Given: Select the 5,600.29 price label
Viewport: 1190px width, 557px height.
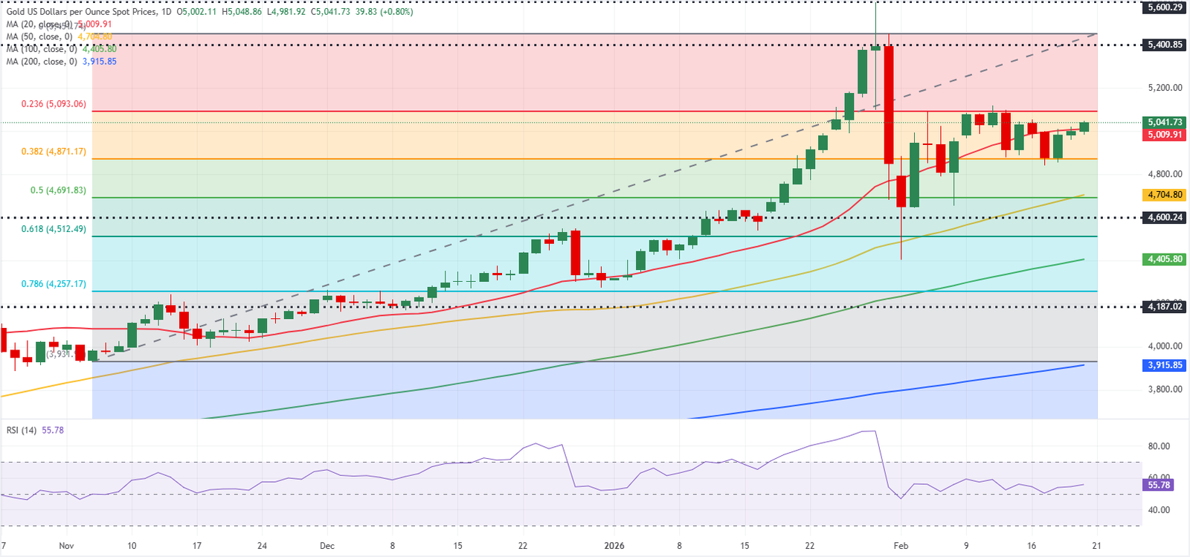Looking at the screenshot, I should pyautogui.click(x=1165, y=7).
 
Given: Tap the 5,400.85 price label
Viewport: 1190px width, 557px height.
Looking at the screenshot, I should pyautogui.click(x=1165, y=45).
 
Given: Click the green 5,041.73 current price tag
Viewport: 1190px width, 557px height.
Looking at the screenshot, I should pyautogui.click(x=1165, y=122).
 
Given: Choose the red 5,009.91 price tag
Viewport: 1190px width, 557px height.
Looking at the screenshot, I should pyautogui.click(x=1165, y=135).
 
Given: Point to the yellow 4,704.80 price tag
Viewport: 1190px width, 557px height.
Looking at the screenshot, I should pyautogui.click(x=1165, y=195).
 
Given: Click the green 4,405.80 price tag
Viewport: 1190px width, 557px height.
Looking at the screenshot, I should pyautogui.click(x=1165, y=260).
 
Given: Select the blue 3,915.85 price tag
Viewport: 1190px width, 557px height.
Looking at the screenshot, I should pyautogui.click(x=1165, y=365).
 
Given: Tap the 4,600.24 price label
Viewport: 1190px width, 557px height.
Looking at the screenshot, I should pyautogui.click(x=1165, y=218).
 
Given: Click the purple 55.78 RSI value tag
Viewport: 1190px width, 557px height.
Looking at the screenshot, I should pyautogui.click(x=1159, y=485).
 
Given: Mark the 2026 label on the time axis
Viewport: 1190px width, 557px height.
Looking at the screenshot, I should pyautogui.click(x=614, y=546).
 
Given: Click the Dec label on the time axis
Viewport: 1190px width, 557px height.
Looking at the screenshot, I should pyautogui.click(x=327, y=546).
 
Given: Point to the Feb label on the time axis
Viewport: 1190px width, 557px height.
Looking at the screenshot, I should pyautogui.click(x=901, y=546).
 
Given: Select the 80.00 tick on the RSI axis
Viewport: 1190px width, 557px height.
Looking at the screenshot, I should pyautogui.click(x=1159, y=446).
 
